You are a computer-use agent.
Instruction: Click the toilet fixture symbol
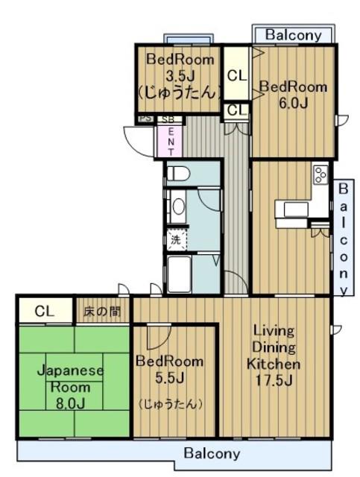click(179, 174)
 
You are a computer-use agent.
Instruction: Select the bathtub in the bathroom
click(179, 274)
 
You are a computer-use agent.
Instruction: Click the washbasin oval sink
click(179, 207)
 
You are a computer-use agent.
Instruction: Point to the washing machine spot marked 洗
click(176, 239)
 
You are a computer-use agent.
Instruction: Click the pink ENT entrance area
click(170, 142)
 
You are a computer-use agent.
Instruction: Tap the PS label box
click(146, 119)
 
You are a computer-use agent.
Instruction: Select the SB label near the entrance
click(168, 119)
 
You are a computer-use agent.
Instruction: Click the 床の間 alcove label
click(102, 312)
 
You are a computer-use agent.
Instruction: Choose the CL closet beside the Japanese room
click(45, 311)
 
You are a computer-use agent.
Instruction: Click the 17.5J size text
click(274, 380)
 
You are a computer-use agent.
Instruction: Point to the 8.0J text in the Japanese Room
click(70, 404)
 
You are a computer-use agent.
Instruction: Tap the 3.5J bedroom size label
click(180, 75)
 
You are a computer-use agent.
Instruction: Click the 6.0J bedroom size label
click(294, 104)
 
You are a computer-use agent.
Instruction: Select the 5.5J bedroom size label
click(169, 378)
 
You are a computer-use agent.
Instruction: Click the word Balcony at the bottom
click(212, 454)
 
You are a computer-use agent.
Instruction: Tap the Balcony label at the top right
click(294, 35)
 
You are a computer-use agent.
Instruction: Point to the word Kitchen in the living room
click(274, 364)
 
